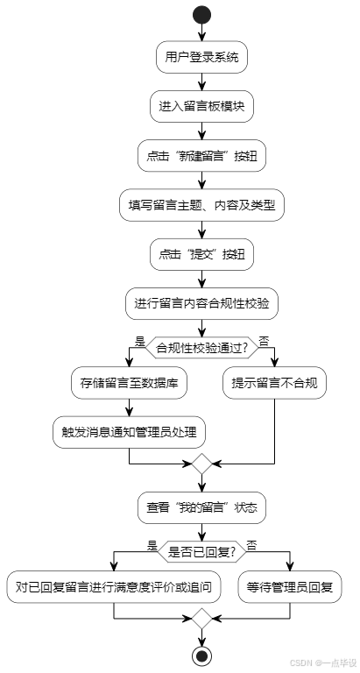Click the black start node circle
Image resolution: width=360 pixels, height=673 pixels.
(x=202, y=15)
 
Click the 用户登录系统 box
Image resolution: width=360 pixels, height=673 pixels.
(x=202, y=58)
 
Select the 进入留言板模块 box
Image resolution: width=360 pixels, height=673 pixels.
(x=202, y=107)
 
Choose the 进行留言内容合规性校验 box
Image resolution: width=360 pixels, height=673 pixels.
(x=202, y=304)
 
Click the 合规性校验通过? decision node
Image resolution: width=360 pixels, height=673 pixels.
(x=202, y=347)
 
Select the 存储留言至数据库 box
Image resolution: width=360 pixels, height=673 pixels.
(x=129, y=382)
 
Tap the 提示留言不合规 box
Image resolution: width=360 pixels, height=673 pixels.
(x=274, y=382)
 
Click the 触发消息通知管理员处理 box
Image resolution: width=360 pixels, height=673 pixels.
(x=129, y=431)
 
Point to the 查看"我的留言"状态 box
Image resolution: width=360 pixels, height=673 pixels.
(x=202, y=507)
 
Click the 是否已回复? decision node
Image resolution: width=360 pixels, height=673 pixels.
(x=202, y=550)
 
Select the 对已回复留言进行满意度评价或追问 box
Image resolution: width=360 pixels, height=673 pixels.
(x=114, y=585)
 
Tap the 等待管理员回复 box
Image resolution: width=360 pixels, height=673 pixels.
(x=290, y=585)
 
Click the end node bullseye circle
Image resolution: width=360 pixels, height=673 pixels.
(x=202, y=655)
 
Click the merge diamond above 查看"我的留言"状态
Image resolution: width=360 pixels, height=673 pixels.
(x=202, y=464)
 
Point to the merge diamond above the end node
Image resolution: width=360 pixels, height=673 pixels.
(x=202, y=618)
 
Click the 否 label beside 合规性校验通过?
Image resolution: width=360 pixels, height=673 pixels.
(x=265, y=339)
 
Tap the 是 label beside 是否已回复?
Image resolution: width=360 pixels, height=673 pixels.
(x=152, y=543)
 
